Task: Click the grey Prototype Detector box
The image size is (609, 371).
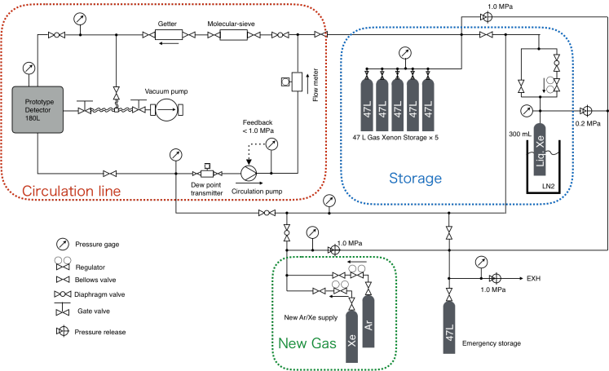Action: [x=38, y=109]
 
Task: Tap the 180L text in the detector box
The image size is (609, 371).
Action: [x=33, y=118]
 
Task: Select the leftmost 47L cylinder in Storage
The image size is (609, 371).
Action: [x=367, y=105]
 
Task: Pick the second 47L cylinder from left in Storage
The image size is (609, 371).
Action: [x=382, y=105]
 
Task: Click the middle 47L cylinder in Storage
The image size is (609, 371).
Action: [x=397, y=105]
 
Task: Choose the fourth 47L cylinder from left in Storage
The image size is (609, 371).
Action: [x=413, y=105]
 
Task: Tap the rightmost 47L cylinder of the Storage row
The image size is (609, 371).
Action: [x=428, y=105]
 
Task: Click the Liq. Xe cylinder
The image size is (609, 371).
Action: [x=540, y=148]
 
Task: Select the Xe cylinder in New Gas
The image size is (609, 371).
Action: [x=352, y=336]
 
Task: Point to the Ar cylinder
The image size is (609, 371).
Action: [x=368, y=321]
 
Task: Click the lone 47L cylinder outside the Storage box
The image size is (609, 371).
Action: [x=449, y=327]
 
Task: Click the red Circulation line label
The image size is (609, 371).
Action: [x=71, y=192]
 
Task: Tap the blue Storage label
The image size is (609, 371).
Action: [x=415, y=179]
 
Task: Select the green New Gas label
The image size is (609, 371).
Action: [x=307, y=343]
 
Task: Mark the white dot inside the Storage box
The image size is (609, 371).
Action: [x=557, y=63]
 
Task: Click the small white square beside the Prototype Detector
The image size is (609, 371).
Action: [x=117, y=110]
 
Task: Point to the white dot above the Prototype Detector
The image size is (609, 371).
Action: [x=56, y=35]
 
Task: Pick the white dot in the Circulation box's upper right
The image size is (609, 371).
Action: [x=280, y=35]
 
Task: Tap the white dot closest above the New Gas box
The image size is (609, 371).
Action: [x=287, y=232]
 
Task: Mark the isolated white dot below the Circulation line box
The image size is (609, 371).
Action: [x=63, y=294]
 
